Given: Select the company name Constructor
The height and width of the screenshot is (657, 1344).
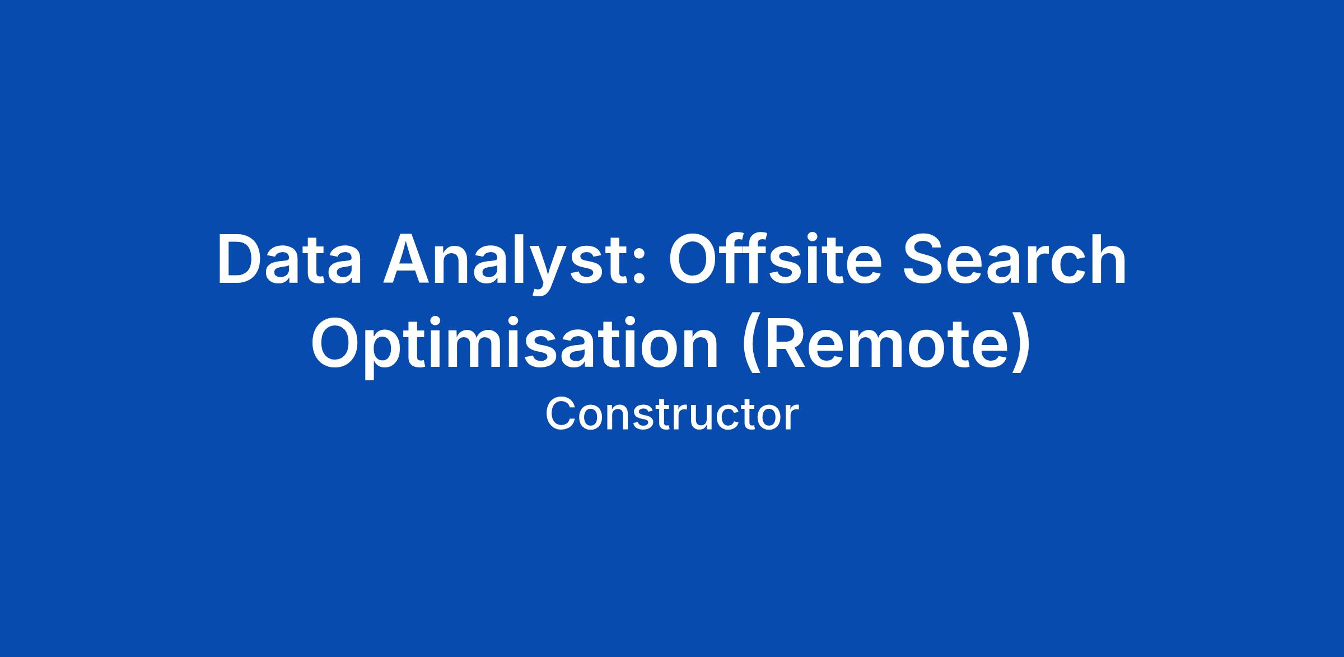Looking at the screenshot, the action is coord(672,415).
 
